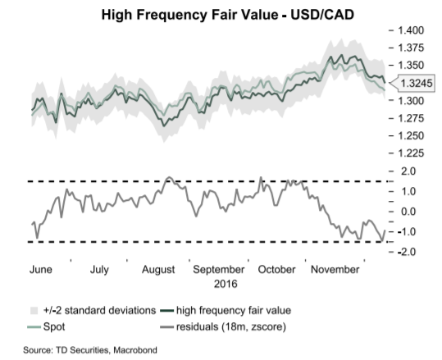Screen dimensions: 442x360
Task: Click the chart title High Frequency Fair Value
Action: tap(189, 15)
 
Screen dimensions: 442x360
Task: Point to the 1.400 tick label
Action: tap(410, 30)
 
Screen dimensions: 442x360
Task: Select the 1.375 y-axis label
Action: tap(410, 48)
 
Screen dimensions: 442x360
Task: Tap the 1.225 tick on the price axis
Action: tap(410, 153)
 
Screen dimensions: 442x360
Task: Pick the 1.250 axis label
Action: tap(410, 135)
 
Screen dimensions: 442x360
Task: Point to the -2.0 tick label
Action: tap(407, 252)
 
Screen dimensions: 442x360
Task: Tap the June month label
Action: tap(41, 270)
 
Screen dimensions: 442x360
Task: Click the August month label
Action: tap(158, 270)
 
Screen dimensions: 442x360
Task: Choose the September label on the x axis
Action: tap(218, 270)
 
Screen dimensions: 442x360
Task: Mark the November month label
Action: tap(335, 270)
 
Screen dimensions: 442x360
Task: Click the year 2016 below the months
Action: tap(226, 284)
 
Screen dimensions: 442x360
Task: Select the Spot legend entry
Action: tap(46, 326)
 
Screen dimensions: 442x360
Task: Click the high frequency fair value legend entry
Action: tap(226, 310)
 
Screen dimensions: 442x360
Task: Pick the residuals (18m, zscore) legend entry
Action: tap(223, 327)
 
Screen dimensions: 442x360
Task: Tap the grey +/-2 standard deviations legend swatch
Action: tap(34, 310)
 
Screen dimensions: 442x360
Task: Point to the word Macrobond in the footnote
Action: tap(135, 350)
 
